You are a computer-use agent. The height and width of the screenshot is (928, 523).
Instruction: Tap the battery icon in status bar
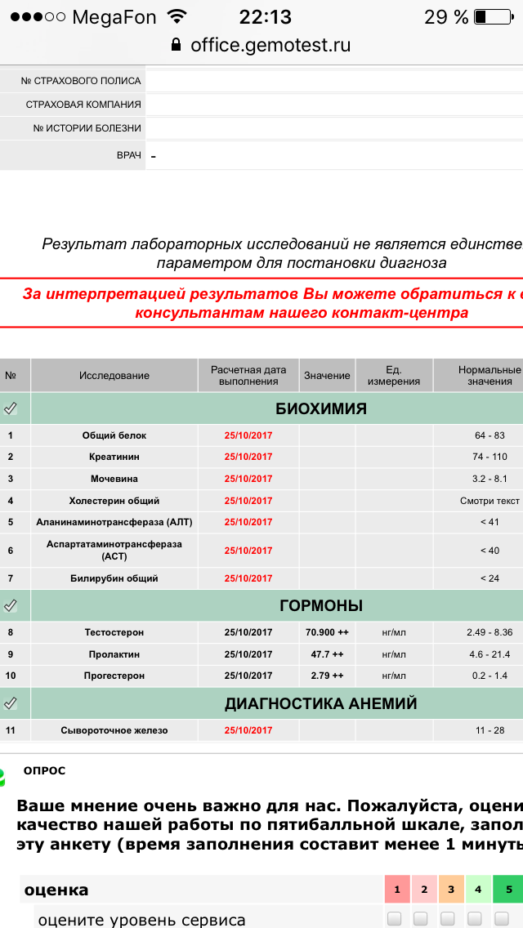coord(490,17)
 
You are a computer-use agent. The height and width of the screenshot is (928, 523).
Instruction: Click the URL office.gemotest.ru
coord(270,45)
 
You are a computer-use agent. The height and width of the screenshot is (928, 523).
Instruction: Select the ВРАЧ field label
coord(129,154)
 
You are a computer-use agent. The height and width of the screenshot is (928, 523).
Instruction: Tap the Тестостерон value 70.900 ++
coord(327,632)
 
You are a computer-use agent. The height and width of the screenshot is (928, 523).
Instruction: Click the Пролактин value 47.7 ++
coord(327,654)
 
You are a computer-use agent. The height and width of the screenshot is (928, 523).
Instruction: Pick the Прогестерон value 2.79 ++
coord(327,676)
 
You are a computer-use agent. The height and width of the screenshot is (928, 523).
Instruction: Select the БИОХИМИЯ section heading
coord(321,408)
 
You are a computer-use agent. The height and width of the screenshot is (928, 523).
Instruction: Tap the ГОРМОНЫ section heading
coord(321,605)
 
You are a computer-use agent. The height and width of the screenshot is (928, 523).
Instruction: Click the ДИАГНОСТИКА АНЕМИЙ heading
coord(321,703)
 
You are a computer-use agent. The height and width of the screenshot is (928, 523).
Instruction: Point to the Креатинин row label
coord(114,457)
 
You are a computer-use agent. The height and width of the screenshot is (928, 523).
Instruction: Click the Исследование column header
coord(114,376)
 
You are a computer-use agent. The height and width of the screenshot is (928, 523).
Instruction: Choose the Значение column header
coord(327,376)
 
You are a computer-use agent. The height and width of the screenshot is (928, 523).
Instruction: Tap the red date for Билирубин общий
coord(248,578)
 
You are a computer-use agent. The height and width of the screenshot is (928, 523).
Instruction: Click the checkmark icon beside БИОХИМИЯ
coord(11,408)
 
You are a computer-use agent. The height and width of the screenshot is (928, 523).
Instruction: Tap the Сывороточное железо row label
coord(114,730)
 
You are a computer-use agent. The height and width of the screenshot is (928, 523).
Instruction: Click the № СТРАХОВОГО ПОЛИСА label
coord(81,81)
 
